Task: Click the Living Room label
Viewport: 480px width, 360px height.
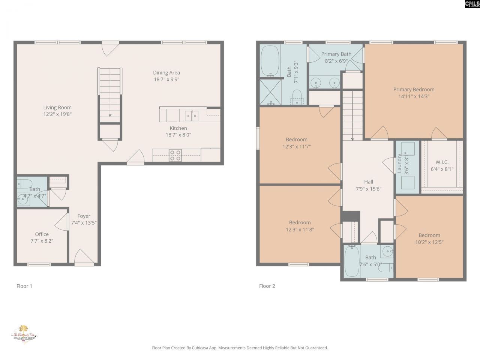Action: [x=57, y=108]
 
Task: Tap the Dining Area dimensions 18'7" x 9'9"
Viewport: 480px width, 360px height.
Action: [x=166, y=79]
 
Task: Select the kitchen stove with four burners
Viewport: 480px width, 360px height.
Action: [x=175, y=155]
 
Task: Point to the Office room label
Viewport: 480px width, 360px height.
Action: [x=42, y=234]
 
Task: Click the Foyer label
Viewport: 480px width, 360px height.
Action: [x=84, y=216]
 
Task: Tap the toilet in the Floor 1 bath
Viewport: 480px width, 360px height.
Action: [x=25, y=184]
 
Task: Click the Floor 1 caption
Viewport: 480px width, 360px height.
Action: [x=24, y=286]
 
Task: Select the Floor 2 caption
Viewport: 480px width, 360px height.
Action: [x=267, y=286]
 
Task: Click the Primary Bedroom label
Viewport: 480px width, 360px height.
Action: [x=414, y=90]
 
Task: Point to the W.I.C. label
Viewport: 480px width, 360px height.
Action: [x=442, y=162]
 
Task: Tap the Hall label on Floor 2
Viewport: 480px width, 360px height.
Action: [x=369, y=182]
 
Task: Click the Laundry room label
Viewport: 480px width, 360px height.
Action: [x=400, y=163]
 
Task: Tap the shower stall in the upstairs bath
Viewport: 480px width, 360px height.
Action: [x=270, y=91]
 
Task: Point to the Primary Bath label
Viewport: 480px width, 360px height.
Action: [x=336, y=54]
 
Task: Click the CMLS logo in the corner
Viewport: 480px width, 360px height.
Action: [x=472, y=4]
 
